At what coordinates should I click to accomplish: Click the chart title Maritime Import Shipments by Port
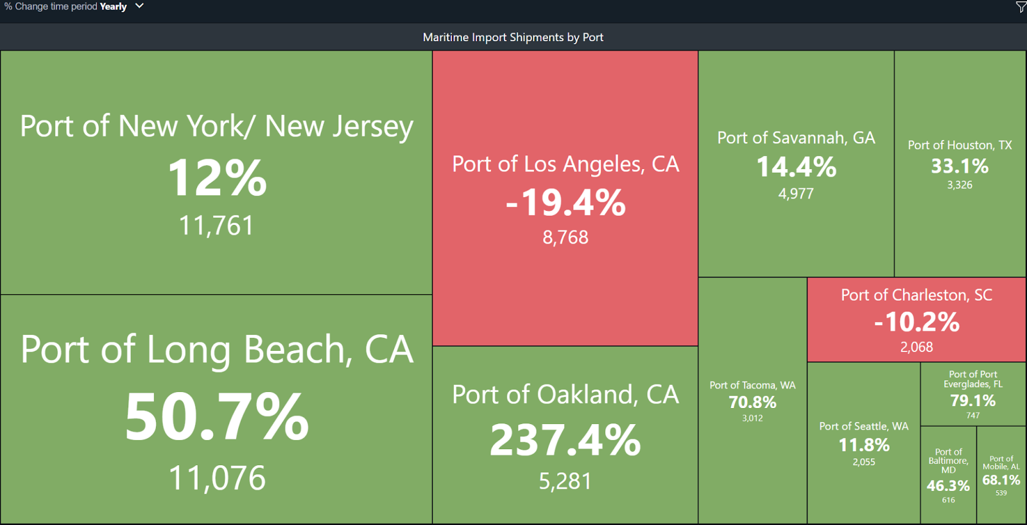(513, 37)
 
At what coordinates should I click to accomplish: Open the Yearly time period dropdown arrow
(139, 6)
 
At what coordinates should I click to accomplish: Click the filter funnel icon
(1021, 7)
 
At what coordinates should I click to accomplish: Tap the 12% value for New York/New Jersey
(217, 178)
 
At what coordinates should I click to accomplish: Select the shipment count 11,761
(216, 226)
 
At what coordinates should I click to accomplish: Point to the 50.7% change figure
(217, 417)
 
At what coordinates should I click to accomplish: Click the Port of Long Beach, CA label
(217, 350)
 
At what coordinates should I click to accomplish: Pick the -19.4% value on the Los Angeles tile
(565, 202)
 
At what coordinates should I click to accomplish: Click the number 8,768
(565, 237)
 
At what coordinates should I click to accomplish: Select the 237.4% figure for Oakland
(565, 441)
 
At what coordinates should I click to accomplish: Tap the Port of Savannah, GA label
(796, 138)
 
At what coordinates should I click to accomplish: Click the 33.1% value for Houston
(960, 166)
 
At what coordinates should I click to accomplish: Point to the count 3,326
(960, 185)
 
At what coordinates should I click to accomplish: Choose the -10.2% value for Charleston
(917, 322)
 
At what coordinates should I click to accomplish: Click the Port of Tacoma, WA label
(752, 386)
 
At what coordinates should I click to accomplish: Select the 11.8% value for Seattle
(864, 445)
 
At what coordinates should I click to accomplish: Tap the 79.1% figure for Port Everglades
(973, 401)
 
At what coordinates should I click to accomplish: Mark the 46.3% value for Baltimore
(948, 486)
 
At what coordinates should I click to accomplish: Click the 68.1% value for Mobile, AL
(1001, 480)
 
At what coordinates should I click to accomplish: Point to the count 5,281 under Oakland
(565, 481)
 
